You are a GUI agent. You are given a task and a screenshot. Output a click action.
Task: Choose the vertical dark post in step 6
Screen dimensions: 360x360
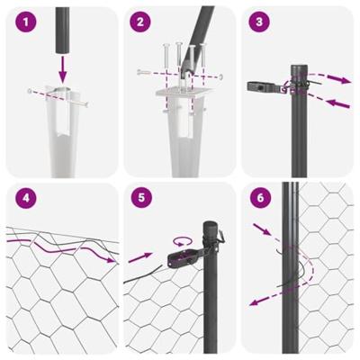pyautogui.click(x=291, y=270)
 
